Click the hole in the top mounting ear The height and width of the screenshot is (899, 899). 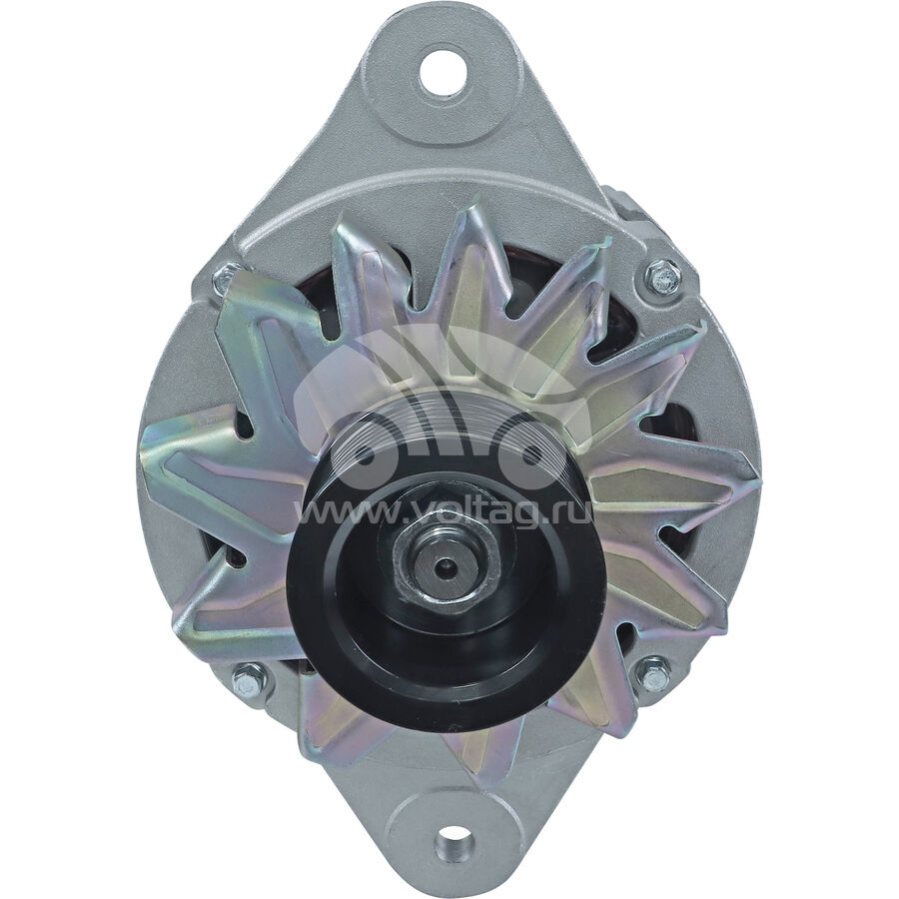(443, 72)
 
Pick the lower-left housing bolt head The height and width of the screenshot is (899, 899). (248, 679)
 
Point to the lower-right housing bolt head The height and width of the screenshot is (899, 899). (654, 675)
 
